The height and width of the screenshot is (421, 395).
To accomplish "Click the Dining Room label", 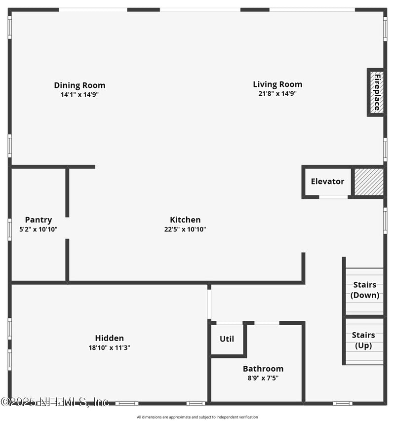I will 79,85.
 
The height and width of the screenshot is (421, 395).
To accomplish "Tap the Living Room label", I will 277,84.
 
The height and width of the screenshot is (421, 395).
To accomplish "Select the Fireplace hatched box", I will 376,92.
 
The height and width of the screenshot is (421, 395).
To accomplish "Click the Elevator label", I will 327,182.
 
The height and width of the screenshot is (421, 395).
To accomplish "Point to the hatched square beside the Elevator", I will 369,182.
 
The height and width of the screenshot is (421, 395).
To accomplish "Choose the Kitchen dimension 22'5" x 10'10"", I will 185,229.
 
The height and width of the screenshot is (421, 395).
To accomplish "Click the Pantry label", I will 39,220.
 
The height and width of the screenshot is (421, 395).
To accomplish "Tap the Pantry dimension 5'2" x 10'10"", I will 39,229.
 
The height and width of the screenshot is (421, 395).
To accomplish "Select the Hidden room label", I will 110,338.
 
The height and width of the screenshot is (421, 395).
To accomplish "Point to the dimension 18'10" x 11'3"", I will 110,347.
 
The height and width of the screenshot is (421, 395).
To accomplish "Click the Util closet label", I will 227,339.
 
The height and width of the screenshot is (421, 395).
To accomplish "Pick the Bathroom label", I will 263,369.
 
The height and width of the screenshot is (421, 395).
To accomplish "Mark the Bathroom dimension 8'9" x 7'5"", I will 263,378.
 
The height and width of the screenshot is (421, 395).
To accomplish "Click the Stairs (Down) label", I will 365,290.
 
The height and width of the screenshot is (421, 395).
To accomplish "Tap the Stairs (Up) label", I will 363,341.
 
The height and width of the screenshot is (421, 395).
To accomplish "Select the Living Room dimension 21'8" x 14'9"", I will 277,94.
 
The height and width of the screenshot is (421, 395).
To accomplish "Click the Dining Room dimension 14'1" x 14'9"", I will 79,95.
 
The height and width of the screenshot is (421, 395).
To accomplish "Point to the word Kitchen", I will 185,220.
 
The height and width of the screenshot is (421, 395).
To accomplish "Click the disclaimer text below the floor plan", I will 197,417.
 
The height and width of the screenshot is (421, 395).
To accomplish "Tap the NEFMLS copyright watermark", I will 54,402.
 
